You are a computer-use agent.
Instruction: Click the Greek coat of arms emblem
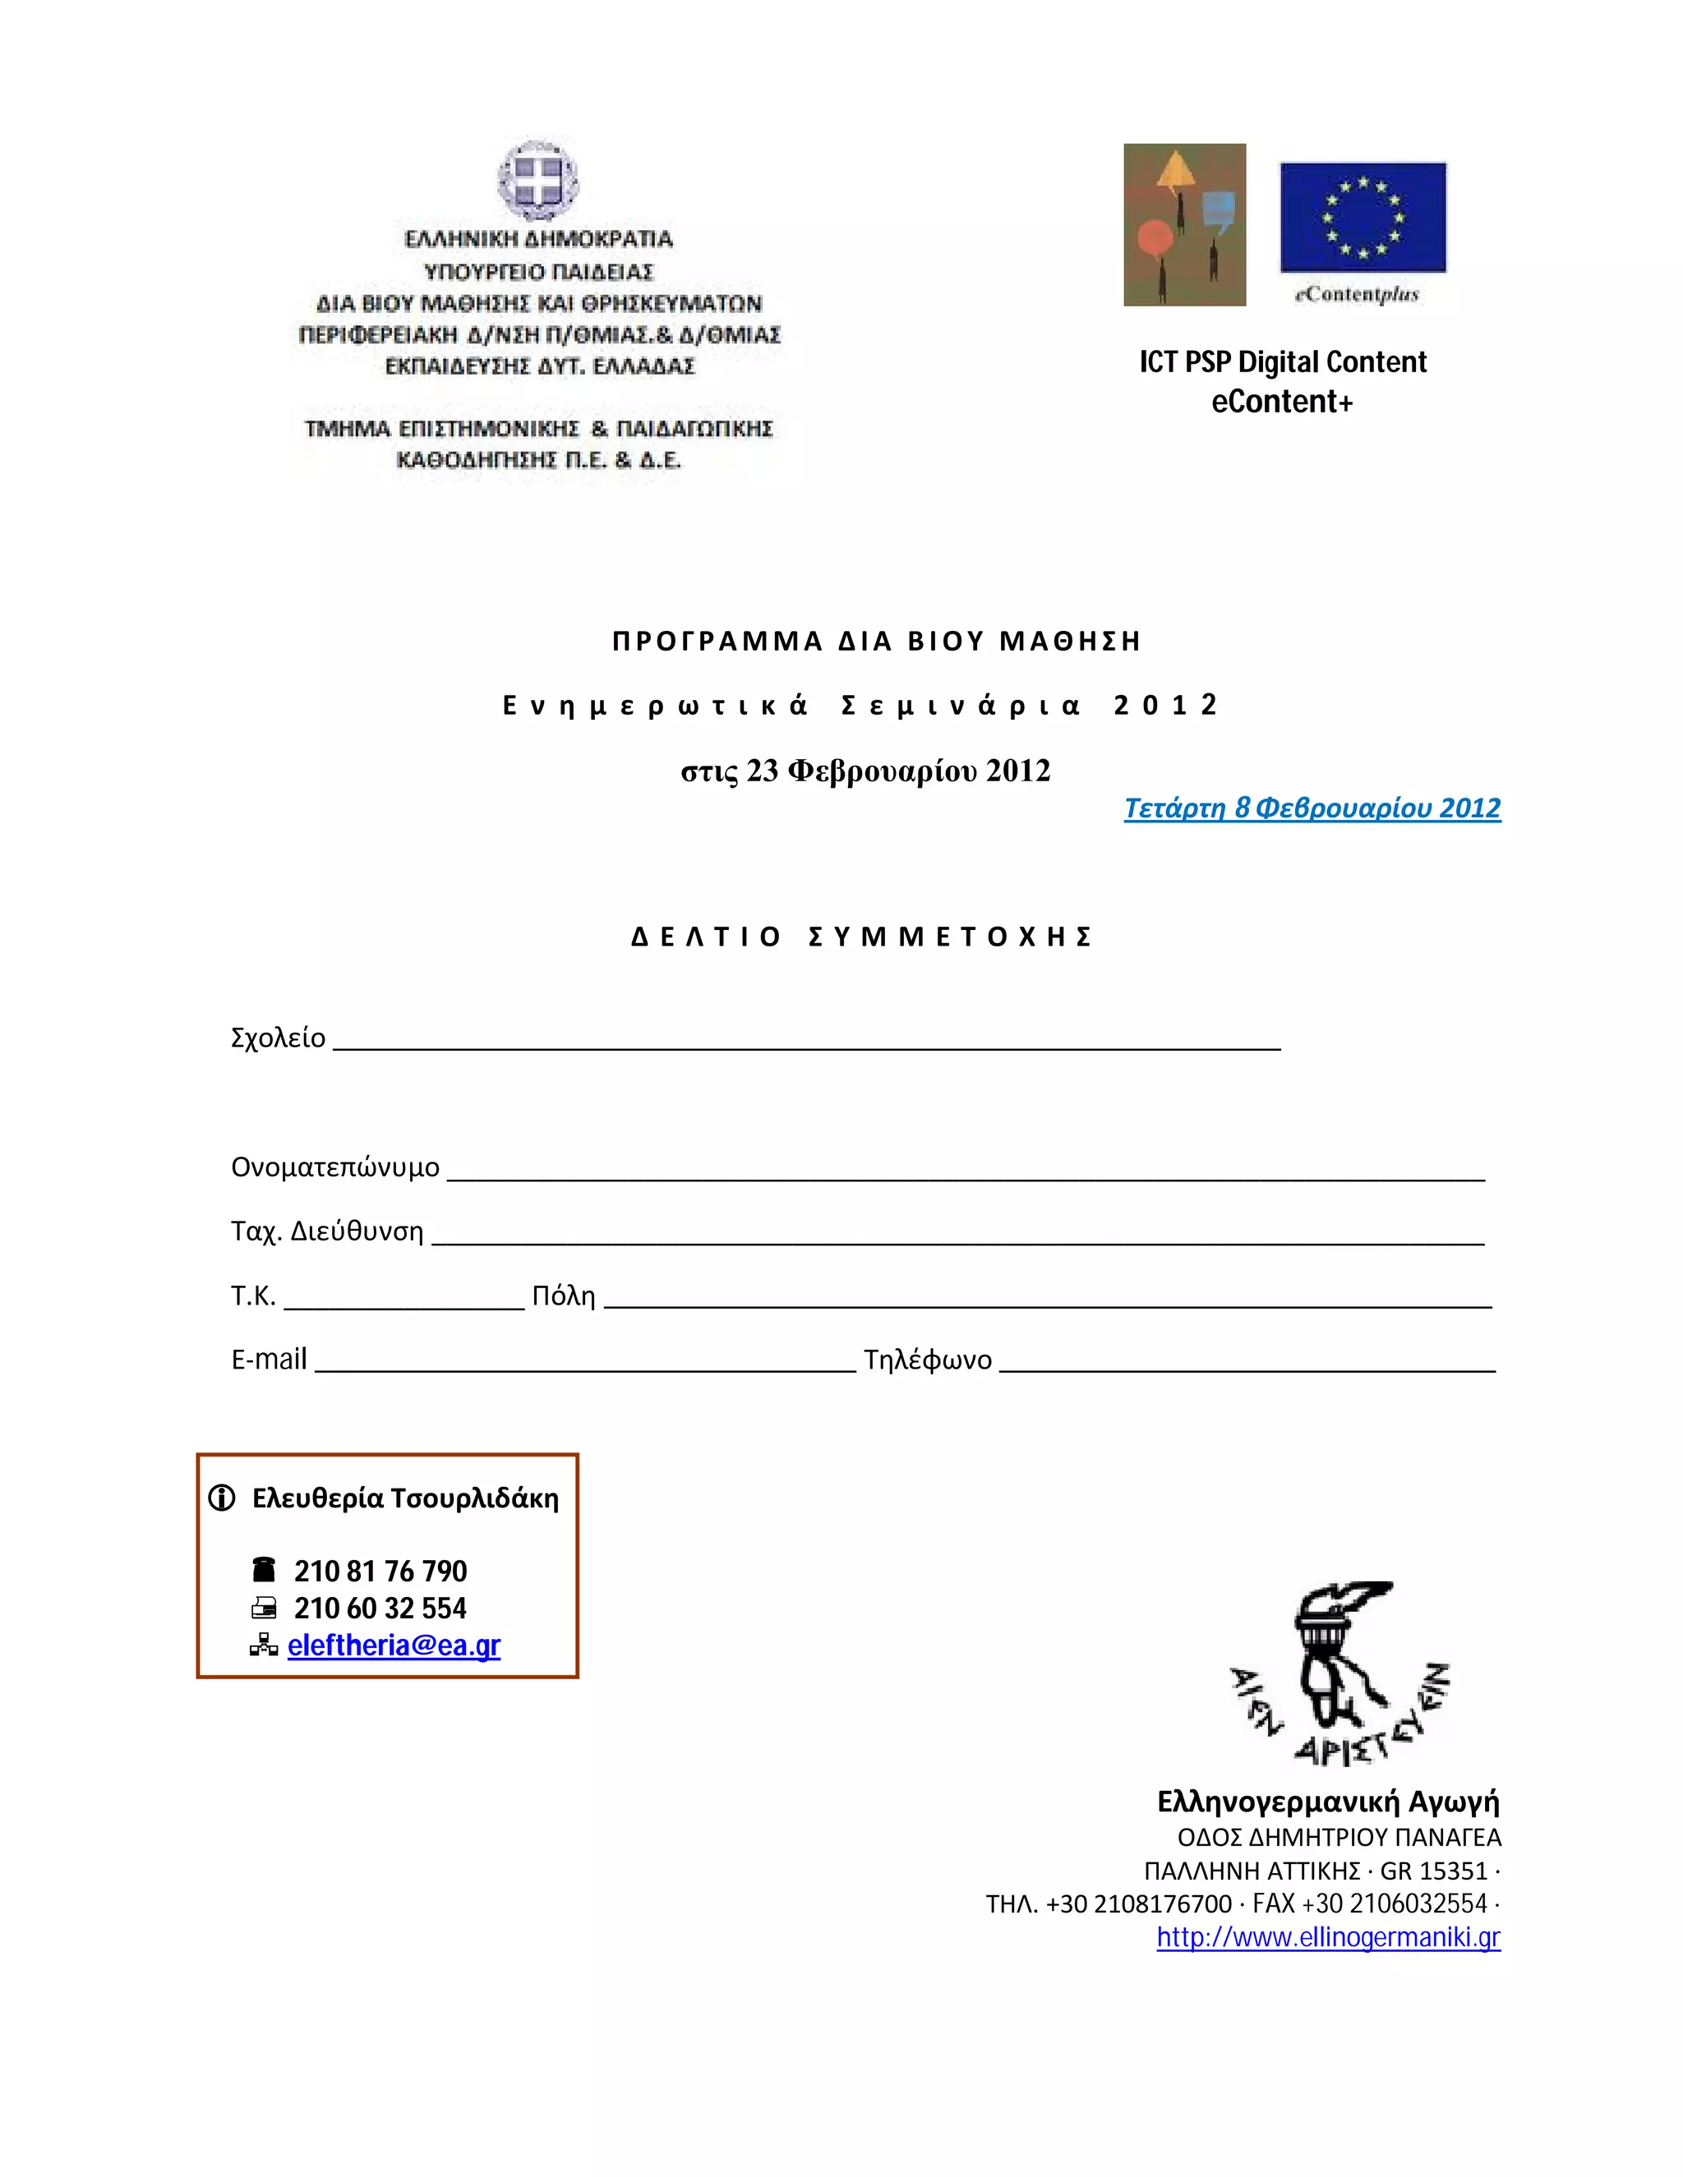538,182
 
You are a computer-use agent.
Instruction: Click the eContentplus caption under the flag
1357,294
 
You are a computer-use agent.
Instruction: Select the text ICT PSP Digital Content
1283,361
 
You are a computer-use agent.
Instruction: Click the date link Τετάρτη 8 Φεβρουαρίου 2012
1312,808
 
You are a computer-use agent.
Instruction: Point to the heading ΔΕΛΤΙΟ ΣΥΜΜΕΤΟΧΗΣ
864,937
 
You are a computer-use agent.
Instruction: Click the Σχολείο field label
279,1038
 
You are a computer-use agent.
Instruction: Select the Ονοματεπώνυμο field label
335,1167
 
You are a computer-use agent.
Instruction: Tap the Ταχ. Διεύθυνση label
327,1232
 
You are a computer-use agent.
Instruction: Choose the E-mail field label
270,1360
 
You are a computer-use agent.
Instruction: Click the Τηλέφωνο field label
927,1360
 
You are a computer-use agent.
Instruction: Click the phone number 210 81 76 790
380,1571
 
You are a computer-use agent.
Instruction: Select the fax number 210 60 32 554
380,1608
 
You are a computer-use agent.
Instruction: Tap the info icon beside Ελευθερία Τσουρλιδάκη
221,1498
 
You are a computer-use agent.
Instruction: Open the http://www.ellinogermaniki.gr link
1328,1937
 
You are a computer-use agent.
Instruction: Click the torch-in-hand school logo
1339,1673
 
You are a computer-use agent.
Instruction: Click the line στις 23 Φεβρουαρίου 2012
865,771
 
